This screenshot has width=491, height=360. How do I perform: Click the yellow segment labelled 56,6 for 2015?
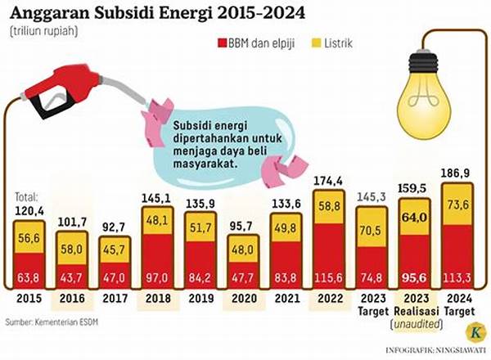29,237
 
